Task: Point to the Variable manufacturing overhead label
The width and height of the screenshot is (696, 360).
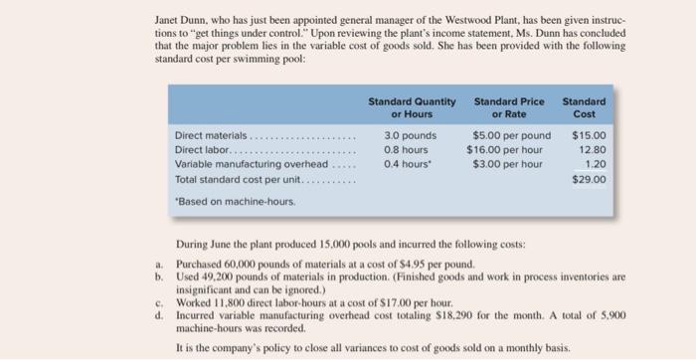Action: pyautogui.click(x=250, y=164)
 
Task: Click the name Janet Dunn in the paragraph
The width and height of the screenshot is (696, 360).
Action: pyautogui.click(x=182, y=19)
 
